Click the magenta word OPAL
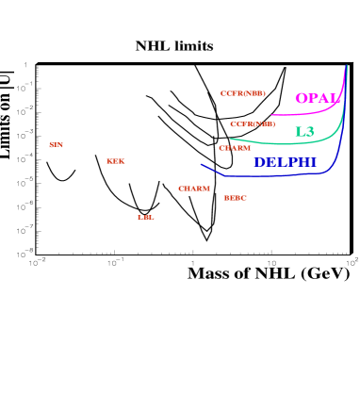[x=318, y=99]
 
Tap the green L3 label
[x=304, y=132]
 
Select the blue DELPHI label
[x=285, y=163]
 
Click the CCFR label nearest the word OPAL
[x=242, y=93]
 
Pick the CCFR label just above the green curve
[x=253, y=123]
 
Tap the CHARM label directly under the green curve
[x=235, y=148]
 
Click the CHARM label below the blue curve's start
[x=194, y=189]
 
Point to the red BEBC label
[x=235, y=198]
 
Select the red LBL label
[x=145, y=217]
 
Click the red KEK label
[x=115, y=161]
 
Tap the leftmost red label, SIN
[x=57, y=144]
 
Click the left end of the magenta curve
[x=271, y=114]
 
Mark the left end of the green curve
[x=230, y=139]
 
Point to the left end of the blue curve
[x=201, y=164]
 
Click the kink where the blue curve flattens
[x=225, y=175]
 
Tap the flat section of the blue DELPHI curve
[x=273, y=175]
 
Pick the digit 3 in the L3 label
[x=309, y=132]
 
